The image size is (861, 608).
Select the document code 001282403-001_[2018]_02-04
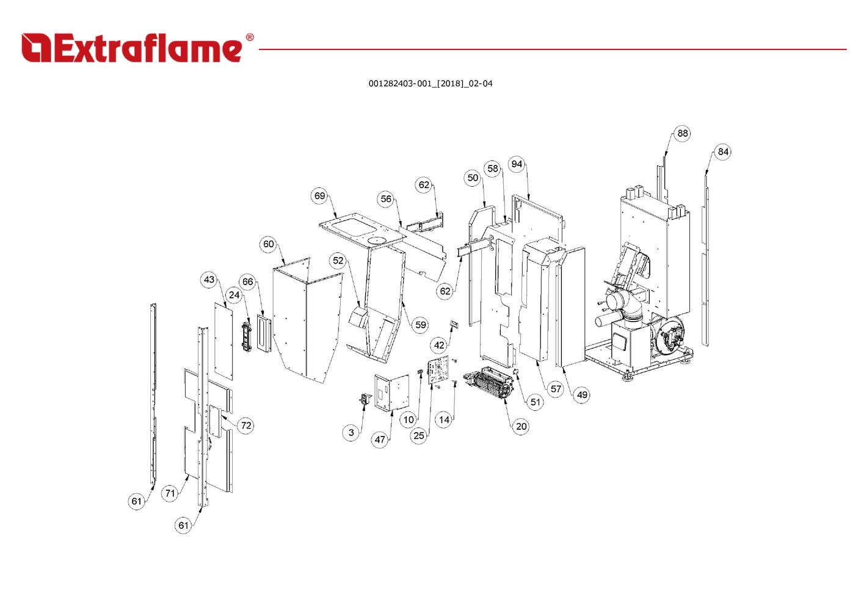(x=430, y=84)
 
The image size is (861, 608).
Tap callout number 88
(x=682, y=133)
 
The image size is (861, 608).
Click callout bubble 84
(x=723, y=151)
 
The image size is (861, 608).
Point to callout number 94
(x=517, y=164)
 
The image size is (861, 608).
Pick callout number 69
(x=320, y=196)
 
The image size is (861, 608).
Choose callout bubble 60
(x=269, y=244)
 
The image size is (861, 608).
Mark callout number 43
(x=209, y=280)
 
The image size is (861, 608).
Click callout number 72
(x=246, y=425)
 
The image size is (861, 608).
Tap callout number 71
(x=170, y=493)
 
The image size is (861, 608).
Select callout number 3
(x=351, y=432)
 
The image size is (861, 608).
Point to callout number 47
(x=380, y=440)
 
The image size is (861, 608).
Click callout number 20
(x=521, y=426)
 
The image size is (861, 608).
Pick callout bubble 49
(x=582, y=394)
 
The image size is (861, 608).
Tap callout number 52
(x=338, y=261)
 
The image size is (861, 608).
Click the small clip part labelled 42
(x=454, y=323)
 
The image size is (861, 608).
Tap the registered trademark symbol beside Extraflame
(x=249, y=37)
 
